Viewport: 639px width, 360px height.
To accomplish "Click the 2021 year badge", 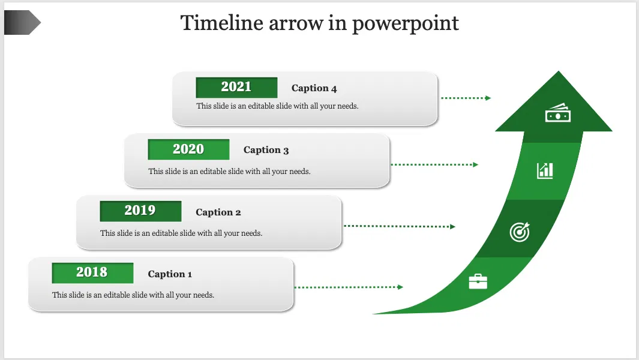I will coord(236,87).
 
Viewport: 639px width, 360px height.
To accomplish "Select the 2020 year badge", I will coord(188,149).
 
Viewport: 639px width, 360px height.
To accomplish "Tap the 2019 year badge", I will coord(140,211).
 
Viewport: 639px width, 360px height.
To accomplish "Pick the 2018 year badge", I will coord(92,272).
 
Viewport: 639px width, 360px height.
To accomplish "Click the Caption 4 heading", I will coord(314,88).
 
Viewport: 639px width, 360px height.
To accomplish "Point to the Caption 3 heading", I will coord(266,150).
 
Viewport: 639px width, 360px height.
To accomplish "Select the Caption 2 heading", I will coord(218,212).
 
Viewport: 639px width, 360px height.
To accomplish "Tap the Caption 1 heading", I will coord(170,274).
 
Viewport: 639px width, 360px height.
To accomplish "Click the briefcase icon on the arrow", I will coord(478,281).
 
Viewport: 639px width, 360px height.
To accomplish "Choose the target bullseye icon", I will coord(520,232).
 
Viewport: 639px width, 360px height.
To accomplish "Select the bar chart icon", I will coord(545,170).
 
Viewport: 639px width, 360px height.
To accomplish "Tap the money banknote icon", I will coord(557,113).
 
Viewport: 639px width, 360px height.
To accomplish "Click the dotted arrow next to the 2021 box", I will coord(466,98).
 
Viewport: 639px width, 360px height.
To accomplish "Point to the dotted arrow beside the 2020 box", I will coord(434,164).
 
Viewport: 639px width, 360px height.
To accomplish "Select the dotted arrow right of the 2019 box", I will coord(400,226).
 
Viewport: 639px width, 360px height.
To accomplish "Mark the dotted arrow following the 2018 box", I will coord(349,287).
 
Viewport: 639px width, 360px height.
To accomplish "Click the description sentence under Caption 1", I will coord(133,295).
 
